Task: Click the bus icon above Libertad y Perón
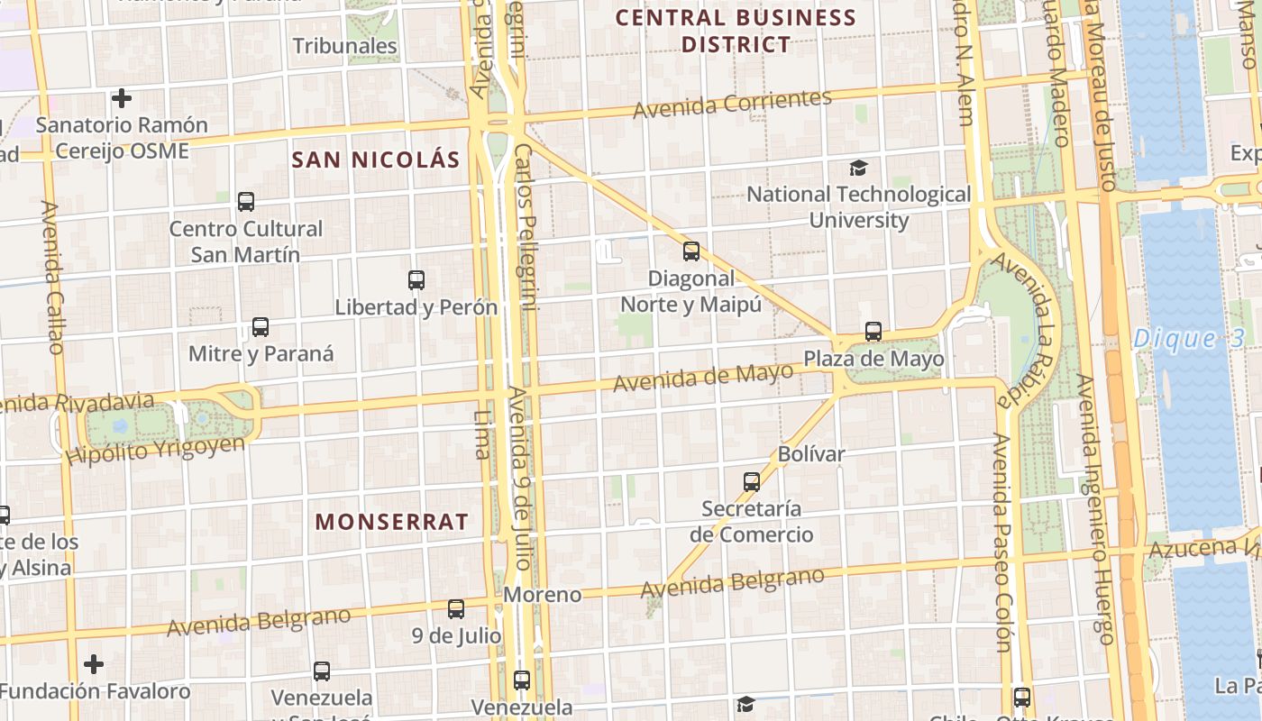(416, 279)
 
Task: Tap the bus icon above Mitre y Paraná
(261, 327)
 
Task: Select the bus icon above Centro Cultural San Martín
(245, 201)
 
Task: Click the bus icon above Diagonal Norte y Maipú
(691, 251)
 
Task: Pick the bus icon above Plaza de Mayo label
(873, 331)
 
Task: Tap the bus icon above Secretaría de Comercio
(752, 481)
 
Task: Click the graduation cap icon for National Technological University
(858, 168)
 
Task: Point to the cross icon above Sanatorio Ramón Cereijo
(122, 97)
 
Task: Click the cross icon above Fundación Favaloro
(94, 664)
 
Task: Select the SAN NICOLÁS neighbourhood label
(376, 160)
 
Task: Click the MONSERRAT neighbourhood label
(392, 522)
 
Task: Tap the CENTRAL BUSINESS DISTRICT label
(736, 31)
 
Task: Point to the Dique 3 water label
(1188, 339)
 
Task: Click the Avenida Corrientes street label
(732, 104)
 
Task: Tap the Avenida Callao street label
(52, 277)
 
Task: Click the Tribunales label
(345, 46)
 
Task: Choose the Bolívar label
(811, 453)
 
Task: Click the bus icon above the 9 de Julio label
(456, 609)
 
